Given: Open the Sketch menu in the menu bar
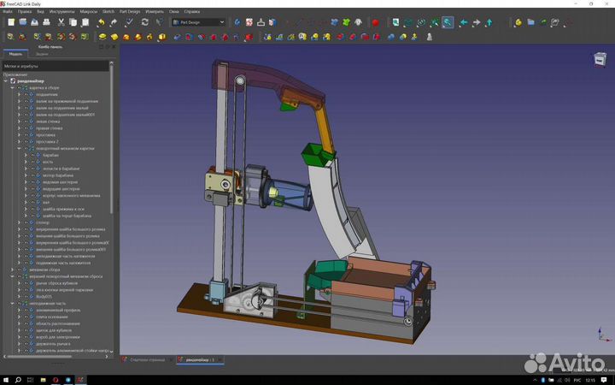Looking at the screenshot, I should [x=108, y=12].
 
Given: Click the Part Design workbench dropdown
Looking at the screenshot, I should [x=198, y=22].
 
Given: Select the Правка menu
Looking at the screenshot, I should [x=25, y=12].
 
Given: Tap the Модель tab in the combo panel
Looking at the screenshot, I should [x=15, y=53].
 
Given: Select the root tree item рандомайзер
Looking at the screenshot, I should [x=32, y=80].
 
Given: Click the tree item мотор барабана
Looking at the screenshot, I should [x=56, y=175].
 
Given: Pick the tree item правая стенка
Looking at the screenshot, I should [x=50, y=127].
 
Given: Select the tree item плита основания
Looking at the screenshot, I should [x=52, y=317].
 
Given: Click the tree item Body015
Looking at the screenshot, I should [x=45, y=296].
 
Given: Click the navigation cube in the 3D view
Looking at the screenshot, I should [x=599, y=58].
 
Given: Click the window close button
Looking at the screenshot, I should [x=607, y=3].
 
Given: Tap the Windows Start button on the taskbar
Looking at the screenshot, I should [x=7, y=378].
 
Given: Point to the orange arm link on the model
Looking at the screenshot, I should [x=324, y=126].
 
